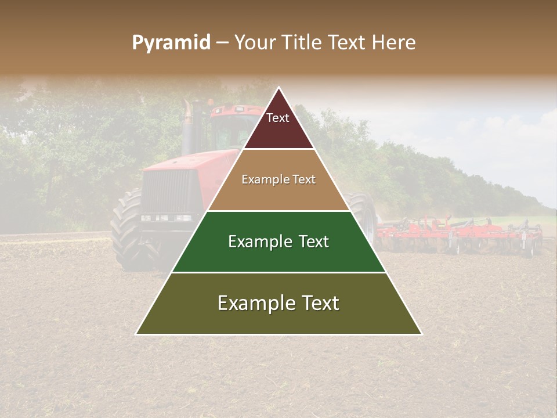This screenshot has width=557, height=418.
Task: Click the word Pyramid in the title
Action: click(171, 43)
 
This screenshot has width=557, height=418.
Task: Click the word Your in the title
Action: click(255, 43)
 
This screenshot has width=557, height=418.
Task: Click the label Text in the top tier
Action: click(278, 118)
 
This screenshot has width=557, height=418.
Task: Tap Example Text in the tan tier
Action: click(278, 180)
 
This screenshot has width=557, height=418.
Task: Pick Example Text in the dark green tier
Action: click(278, 242)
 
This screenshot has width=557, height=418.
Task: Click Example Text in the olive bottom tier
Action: click(278, 304)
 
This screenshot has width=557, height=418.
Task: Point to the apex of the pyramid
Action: click(279, 88)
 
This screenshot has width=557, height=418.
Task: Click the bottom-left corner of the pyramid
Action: click(136, 334)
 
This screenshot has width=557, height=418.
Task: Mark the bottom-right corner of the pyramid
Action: click(422, 334)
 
